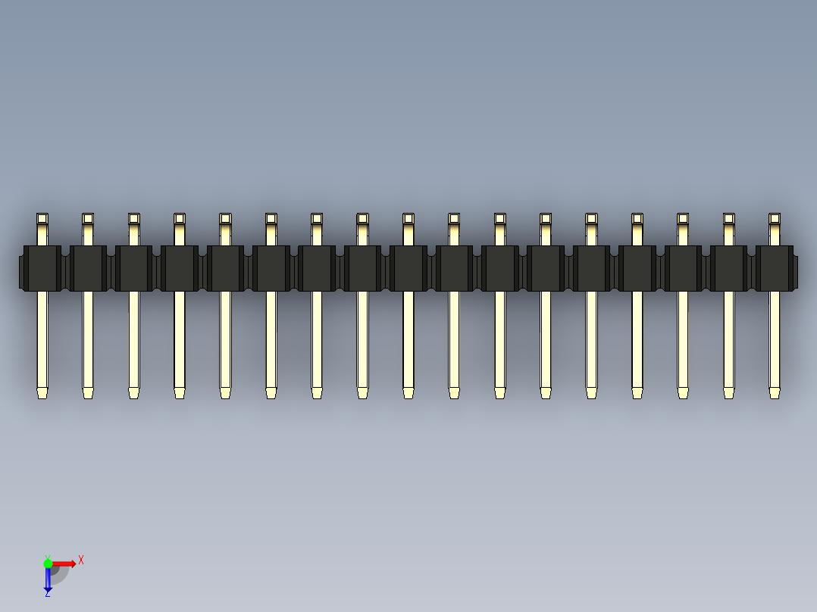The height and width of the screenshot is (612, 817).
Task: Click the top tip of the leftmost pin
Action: coord(42,219)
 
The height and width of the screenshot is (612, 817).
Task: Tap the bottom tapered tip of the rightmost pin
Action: coord(774,392)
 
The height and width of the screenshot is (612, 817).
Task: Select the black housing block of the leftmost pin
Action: coord(42,268)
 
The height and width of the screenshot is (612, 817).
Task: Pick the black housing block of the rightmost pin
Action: coord(774,268)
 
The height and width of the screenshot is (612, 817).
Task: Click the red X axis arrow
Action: coord(65,564)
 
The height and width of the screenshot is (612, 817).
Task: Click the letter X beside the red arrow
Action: coord(80,560)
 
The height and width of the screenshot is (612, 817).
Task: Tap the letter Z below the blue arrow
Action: coord(47,595)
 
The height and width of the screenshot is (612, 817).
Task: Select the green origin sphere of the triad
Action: coord(48,564)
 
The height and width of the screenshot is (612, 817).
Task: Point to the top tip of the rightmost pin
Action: coord(774,219)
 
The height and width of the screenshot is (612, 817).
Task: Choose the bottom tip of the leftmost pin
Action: coord(42,392)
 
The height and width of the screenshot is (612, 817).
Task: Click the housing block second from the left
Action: coord(88,268)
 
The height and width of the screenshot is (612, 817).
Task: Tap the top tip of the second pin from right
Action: coord(728,219)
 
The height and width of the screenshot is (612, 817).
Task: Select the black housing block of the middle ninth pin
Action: coord(409,268)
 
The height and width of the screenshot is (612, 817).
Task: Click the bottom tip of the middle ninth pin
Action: coord(409,392)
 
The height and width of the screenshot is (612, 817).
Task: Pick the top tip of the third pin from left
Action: coord(134,219)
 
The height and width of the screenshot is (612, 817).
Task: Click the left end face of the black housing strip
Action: coord(21,272)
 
